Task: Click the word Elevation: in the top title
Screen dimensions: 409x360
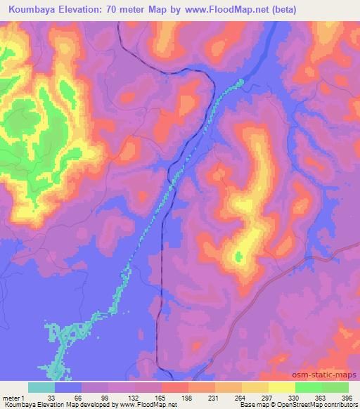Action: pyautogui.click(x=81, y=10)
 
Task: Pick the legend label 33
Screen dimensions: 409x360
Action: pyautogui.click(x=51, y=397)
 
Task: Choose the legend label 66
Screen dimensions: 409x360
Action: pyautogui.click(x=78, y=397)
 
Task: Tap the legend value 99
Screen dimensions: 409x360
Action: pyautogui.click(x=105, y=397)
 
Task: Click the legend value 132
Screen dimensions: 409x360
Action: pyautogui.click(x=131, y=397)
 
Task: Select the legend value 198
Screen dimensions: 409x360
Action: pyautogui.click(x=185, y=397)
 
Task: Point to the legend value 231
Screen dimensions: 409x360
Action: pyautogui.click(x=212, y=397)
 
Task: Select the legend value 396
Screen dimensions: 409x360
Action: pyautogui.click(x=345, y=397)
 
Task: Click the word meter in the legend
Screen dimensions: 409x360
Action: pyautogui.click(x=12, y=397)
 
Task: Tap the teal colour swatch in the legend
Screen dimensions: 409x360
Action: pyautogui.click(x=41, y=387)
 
